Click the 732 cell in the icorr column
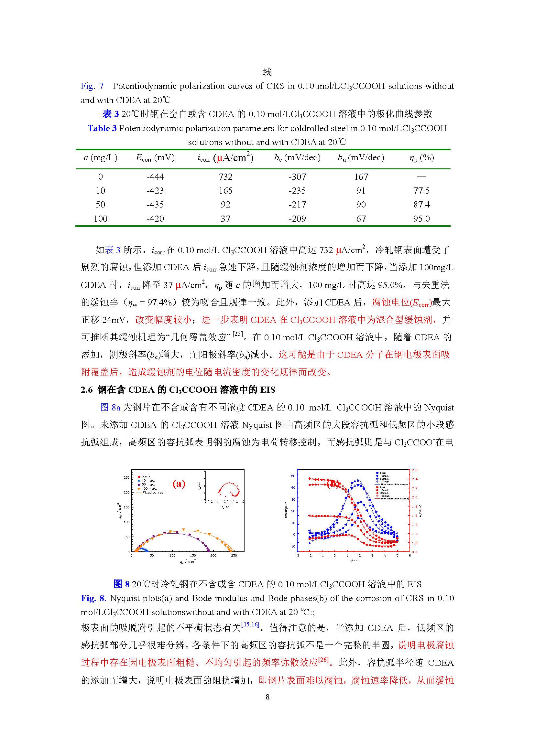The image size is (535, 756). click(225, 177)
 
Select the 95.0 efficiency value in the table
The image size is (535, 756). click(421, 218)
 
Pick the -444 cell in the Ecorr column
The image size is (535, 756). click(155, 177)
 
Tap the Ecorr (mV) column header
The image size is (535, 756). click(155, 158)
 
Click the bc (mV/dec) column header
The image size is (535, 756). click(298, 158)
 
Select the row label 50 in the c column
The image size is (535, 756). click(100, 205)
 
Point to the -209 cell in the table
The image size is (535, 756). click(297, 218)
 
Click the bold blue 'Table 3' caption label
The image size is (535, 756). click(102, 128)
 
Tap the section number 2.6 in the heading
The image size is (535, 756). click(87, 390)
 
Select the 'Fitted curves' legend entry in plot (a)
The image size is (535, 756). click(153, 493)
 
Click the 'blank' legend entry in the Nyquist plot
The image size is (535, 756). click(146, 476)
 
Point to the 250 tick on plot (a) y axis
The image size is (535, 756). click(126, 477)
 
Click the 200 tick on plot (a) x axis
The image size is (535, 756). click(213, 556)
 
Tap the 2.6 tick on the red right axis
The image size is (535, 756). click(414, 470)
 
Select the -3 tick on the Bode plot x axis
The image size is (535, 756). click(297, 556)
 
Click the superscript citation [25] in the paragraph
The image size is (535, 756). click(237, 334)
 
